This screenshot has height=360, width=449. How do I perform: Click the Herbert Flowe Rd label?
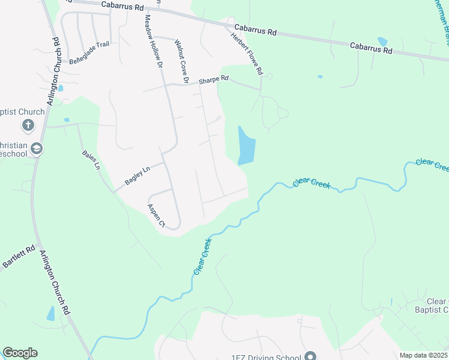tap(247, 53)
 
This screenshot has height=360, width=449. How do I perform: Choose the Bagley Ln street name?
tap(136, 175)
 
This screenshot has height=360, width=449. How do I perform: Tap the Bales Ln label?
tap(91, 159)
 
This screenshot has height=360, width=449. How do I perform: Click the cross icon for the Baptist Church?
tap(28, 125)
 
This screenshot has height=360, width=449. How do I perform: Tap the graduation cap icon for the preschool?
tap(37, 148)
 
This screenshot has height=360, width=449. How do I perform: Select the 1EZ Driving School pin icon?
tap(310, 356)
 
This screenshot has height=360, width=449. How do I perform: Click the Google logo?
tap(20, 353)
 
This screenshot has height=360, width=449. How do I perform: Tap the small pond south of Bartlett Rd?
tap(50, 314)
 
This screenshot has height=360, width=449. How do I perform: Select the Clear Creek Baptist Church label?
tap(438, 305)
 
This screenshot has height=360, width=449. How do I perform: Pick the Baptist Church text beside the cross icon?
tap(22, 112)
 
